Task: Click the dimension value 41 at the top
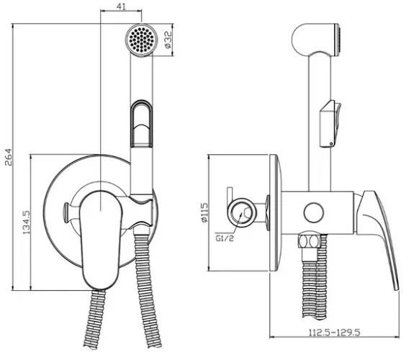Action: [x=121, y=6]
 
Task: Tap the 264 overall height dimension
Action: [x=9, y=157]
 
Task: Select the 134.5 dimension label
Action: [x=27, y=222]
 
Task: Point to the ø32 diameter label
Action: [x=168, y=40]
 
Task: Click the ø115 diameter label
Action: [x=204, y=212]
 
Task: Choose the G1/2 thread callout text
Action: [x=225, y=238]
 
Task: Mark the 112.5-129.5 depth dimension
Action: [x=335, y=332]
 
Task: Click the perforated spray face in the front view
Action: [x=141, y=40]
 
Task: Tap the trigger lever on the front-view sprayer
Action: [x=142, y=123]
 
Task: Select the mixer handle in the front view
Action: [x=101, y=240]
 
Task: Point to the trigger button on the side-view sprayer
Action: [x=330, y=124]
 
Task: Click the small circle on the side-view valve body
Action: [x=314, y=212]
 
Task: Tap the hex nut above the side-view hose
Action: [x=310, y=241]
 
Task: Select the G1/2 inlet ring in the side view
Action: [x=242, y=212]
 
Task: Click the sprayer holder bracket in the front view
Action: [x=142, y=211]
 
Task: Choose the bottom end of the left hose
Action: [x=91, y=347]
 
